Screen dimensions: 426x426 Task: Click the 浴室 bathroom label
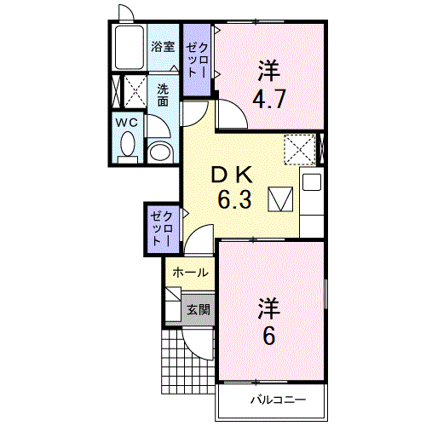(x=163, y=47)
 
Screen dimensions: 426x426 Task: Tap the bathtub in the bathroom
(x=128, y=48)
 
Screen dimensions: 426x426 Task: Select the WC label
(x=127, y=123)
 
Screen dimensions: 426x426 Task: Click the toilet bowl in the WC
(x=128, y=144)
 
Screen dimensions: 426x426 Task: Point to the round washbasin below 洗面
(x=161, y=152)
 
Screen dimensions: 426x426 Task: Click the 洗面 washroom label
(x=163, y=95)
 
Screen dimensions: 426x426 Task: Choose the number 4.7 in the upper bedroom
(x=269, y=99)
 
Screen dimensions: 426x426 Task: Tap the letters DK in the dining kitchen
(x=232, y=175)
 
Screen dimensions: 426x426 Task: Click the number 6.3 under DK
(x=234, y=199)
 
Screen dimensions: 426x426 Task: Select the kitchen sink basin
(x=312, y=182)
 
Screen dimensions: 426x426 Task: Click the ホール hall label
(x=191, y=273)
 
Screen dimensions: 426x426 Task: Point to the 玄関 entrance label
(x=199, y=309)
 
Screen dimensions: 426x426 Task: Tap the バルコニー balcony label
(x=278, y=400)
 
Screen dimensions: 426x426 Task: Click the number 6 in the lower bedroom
(x=269, y=336)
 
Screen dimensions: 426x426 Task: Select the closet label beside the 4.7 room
(x=197, y=60)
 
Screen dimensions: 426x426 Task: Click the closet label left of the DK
(x=162, y=228)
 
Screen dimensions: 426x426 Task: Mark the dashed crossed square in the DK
(x=300, y=149)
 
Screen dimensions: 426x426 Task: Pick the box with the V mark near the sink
(x=280, y=199)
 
